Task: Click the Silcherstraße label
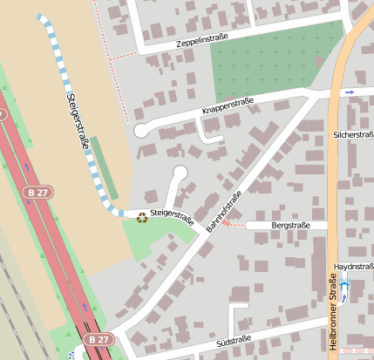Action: (353, 135)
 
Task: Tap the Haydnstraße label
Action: (353, 266)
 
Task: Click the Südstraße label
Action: (234, 339)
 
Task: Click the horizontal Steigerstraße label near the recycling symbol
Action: (171, 217)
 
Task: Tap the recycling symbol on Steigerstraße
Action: (142, 217)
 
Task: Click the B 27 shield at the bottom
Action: (99, 339)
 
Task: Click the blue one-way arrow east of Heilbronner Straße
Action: (350, 92)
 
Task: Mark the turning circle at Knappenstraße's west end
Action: (140, 131)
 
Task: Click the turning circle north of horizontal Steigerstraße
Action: (180, 172)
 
